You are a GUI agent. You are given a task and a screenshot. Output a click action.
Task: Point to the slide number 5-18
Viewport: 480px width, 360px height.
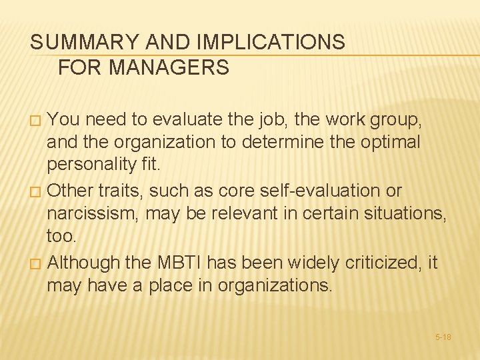443,337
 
